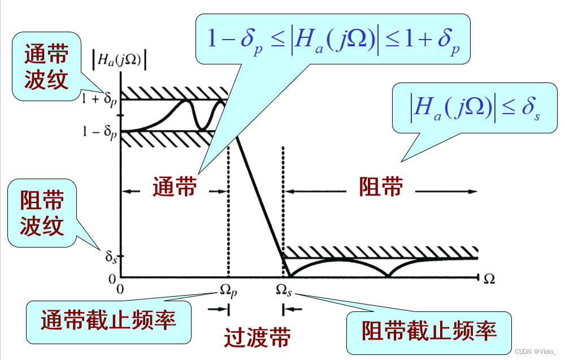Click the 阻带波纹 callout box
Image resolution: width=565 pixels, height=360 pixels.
[x=42, y=213]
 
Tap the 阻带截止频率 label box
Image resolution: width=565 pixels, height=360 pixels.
[x=429, y=330]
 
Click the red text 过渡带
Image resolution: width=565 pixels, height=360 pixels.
[x=257, y=337]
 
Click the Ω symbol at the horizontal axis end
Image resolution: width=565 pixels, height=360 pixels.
[x=489, y=277]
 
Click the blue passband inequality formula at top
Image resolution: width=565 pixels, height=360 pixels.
[x=333, y=40]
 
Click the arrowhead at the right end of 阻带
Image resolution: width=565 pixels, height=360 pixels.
[x=473, y=192]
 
